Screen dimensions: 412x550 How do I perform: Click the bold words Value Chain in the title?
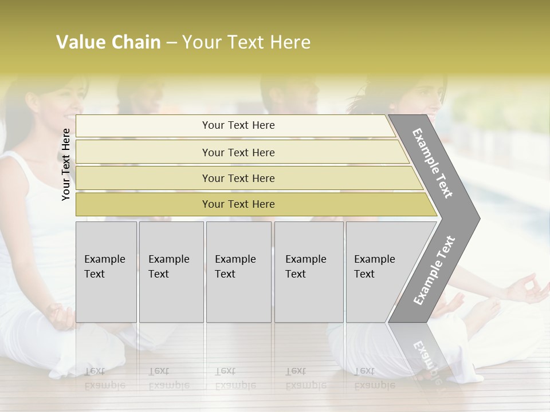[x=108, y=42]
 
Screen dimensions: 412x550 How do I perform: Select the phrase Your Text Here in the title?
[x=246, y=42]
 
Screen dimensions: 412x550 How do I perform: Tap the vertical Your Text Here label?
[x=66, y=164]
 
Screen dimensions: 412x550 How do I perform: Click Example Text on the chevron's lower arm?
[x=434, y=271]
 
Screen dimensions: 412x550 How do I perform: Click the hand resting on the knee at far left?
[x=62, y=315]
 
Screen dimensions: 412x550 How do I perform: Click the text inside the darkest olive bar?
[x=238, y=204]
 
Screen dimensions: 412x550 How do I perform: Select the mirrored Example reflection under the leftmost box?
[x=104, y=385]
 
